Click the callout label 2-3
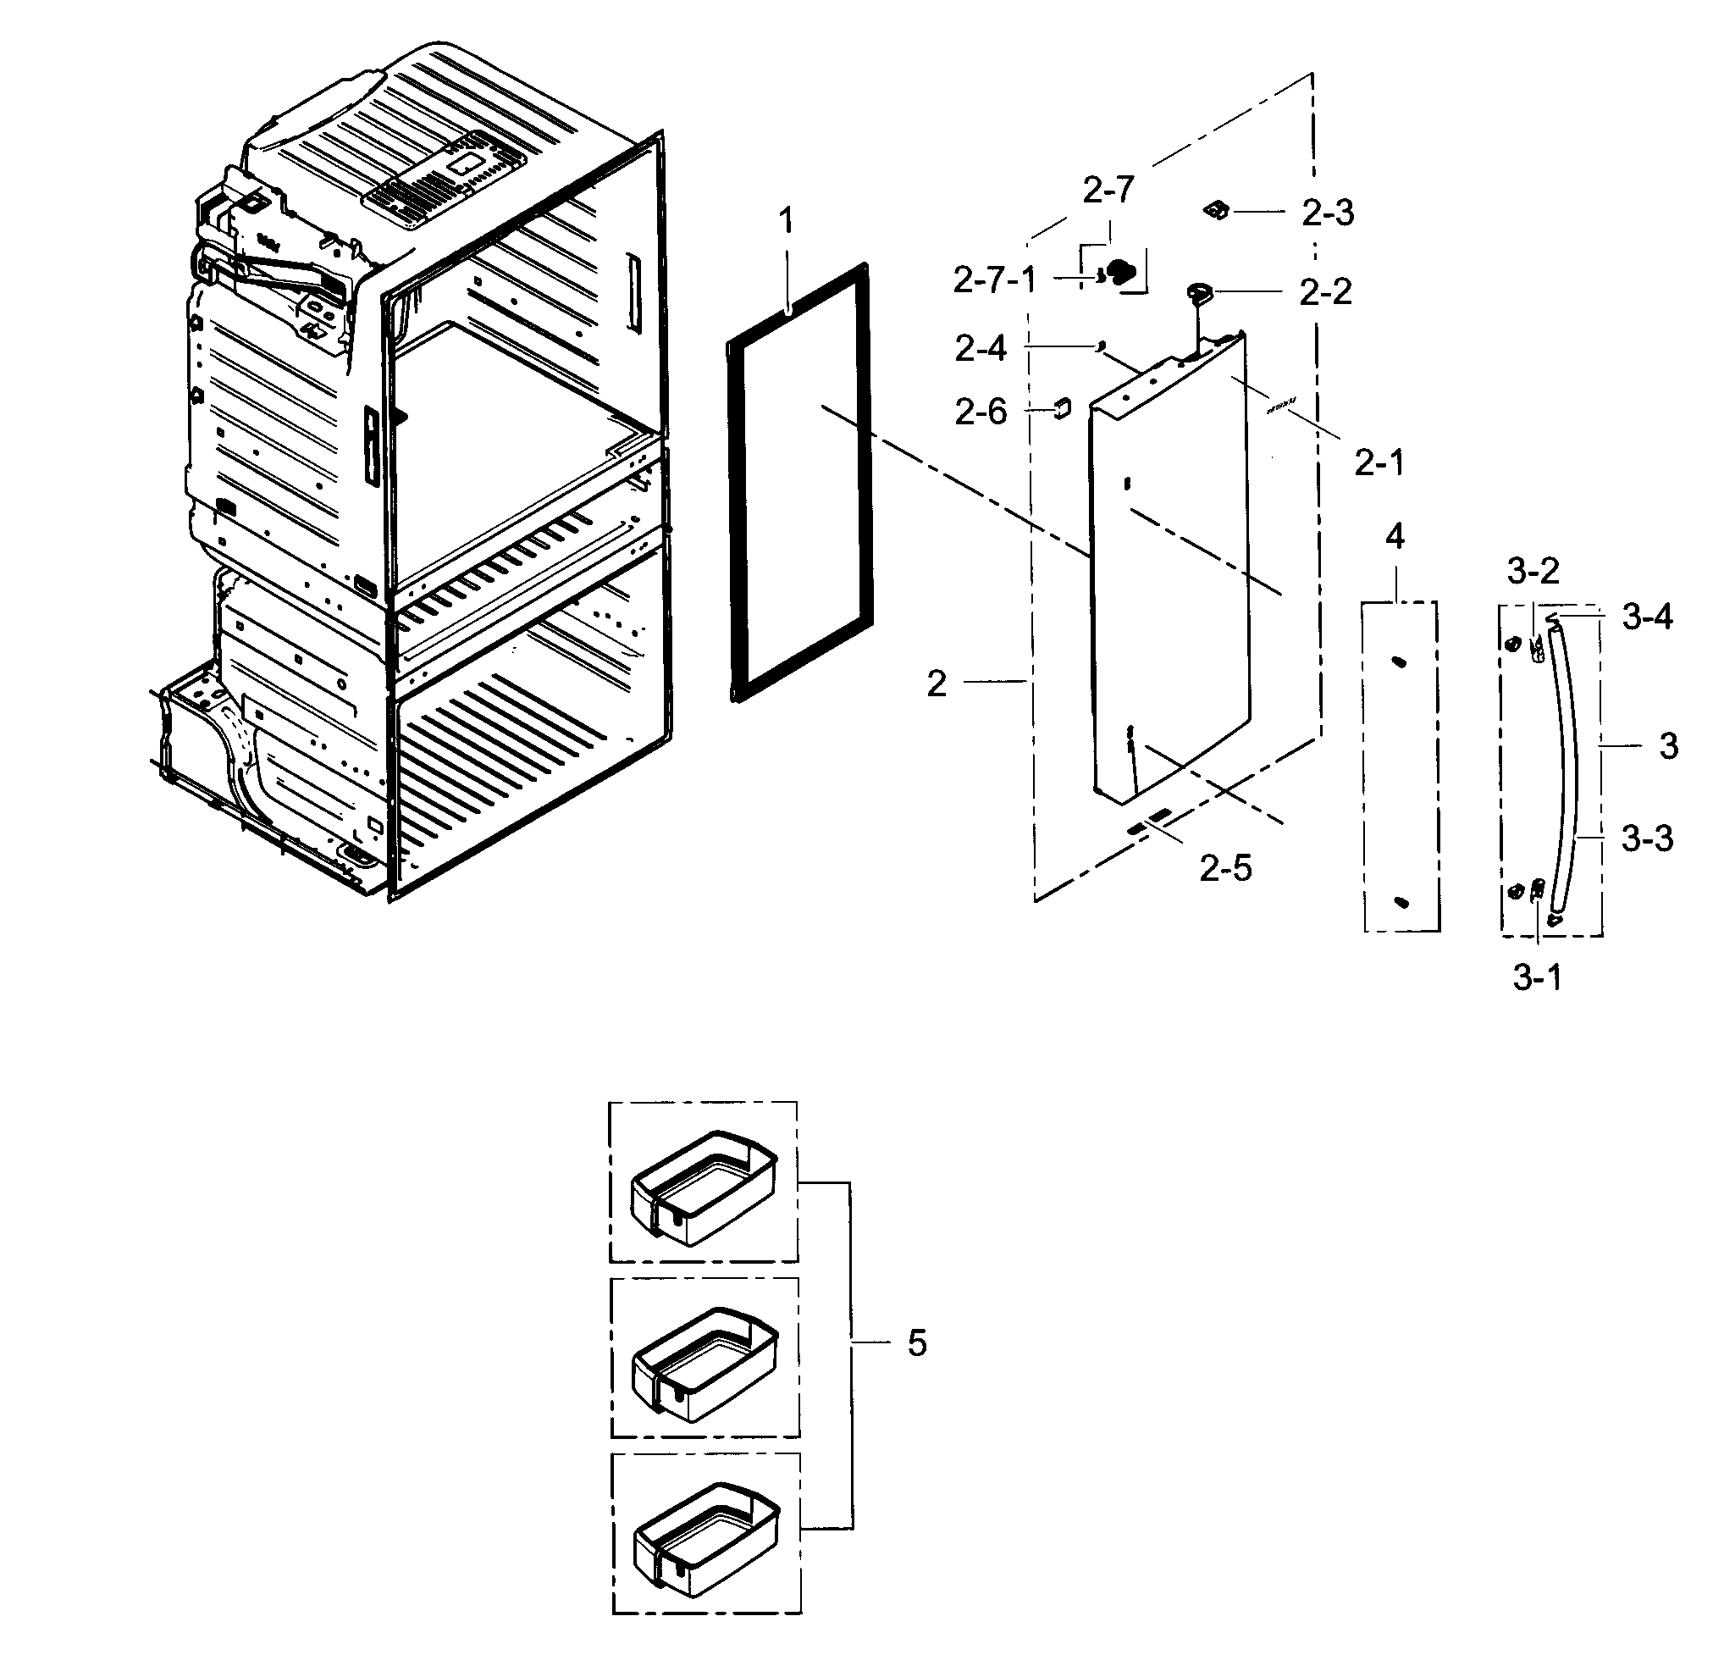[x=1327, y=213]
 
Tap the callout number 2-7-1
[x=995, y=280]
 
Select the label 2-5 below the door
[x=1224, y=868]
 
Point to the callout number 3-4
[x=1648, y=617]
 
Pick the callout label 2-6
[x=981, y=412]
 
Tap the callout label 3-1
[x=1538, y=977]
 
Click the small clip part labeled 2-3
[x=1217, y=210]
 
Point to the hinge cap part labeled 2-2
[x=1199, y=291]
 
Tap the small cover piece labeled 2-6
[x=1062, y=407]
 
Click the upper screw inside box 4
[x=1397, y=662]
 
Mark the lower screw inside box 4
[x=1402, y=900]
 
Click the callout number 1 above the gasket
[x=787, y=220]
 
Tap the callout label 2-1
[x=1379, y=462]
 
